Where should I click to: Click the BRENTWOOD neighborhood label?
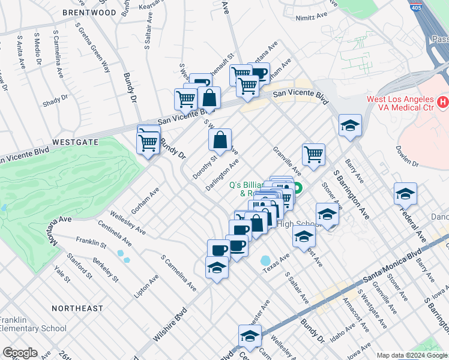[88, 13]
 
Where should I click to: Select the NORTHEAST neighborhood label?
[77, 308]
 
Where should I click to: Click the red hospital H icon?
[443, 101]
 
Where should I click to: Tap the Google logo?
[20, 353]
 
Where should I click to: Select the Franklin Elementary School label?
[33, 324]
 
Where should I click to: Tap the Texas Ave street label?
[277, 262]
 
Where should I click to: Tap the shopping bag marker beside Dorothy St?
[220, 140]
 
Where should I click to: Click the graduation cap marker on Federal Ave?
[405, 194]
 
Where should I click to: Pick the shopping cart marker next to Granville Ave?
[313, 155]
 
